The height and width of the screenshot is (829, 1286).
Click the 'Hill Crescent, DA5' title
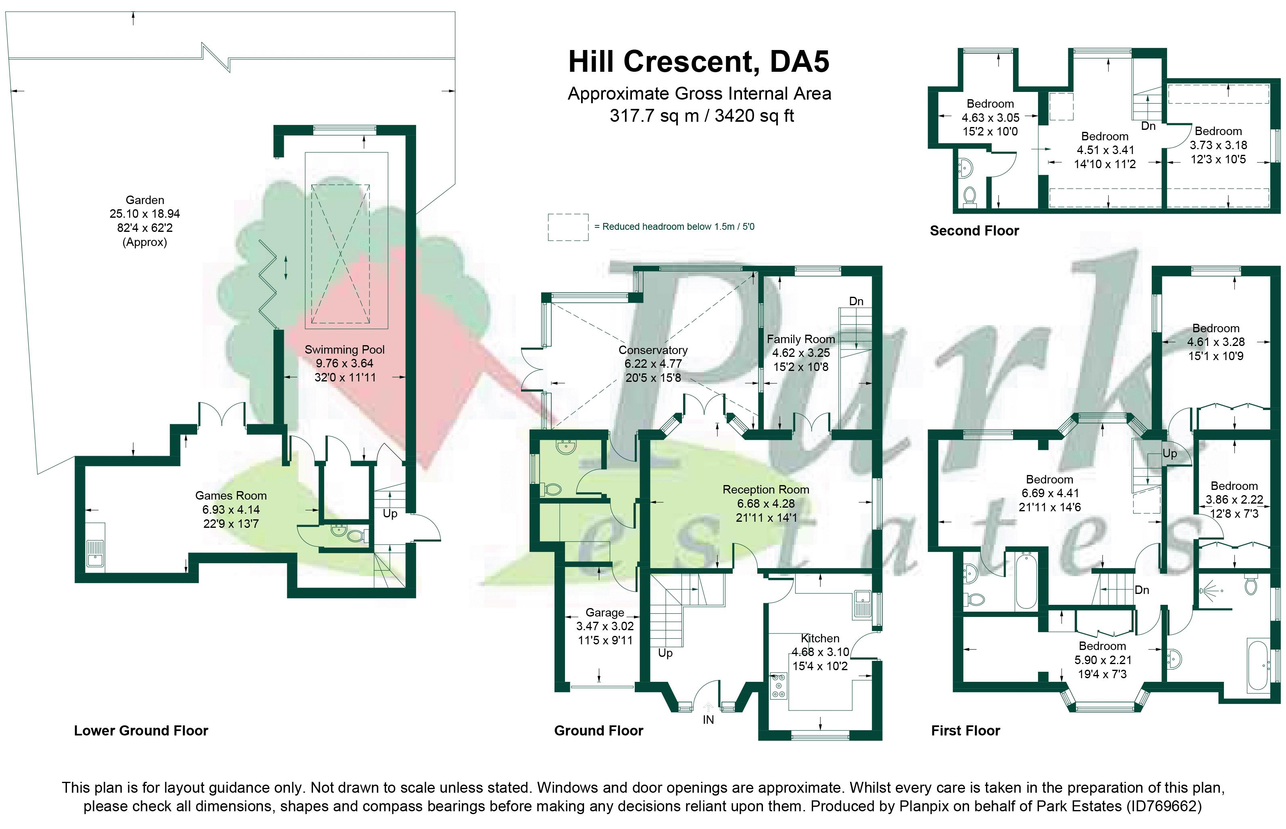pyautogui.click(x=699, y=62)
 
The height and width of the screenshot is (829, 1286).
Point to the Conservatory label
pyautogui.click(x=653, y=350)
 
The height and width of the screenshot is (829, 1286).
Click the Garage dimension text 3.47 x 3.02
pyautogui.click(x=605, y=627)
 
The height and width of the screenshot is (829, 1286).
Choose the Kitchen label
pyautogui.click(x=820, y=638)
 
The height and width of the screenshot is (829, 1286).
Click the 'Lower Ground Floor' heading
pyautogui.click(x=141, y=731)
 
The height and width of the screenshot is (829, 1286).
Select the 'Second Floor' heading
pyautogui.click(x=974, y=231)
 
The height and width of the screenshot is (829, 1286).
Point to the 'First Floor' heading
pyautogui.click(x=966, y=731)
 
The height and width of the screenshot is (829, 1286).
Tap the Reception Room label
pyautogui.click(x=765, y=490)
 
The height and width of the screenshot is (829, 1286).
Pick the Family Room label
pyautogui.click(x=801, y=339)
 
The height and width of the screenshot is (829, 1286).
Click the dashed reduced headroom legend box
pyautogui.click(x=568, y=227)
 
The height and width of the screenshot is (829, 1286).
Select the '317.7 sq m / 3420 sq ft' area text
pyautogui.click(x=701, y=116)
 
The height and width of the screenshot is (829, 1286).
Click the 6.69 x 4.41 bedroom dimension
pyautogui.click(x=1050, y=493)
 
